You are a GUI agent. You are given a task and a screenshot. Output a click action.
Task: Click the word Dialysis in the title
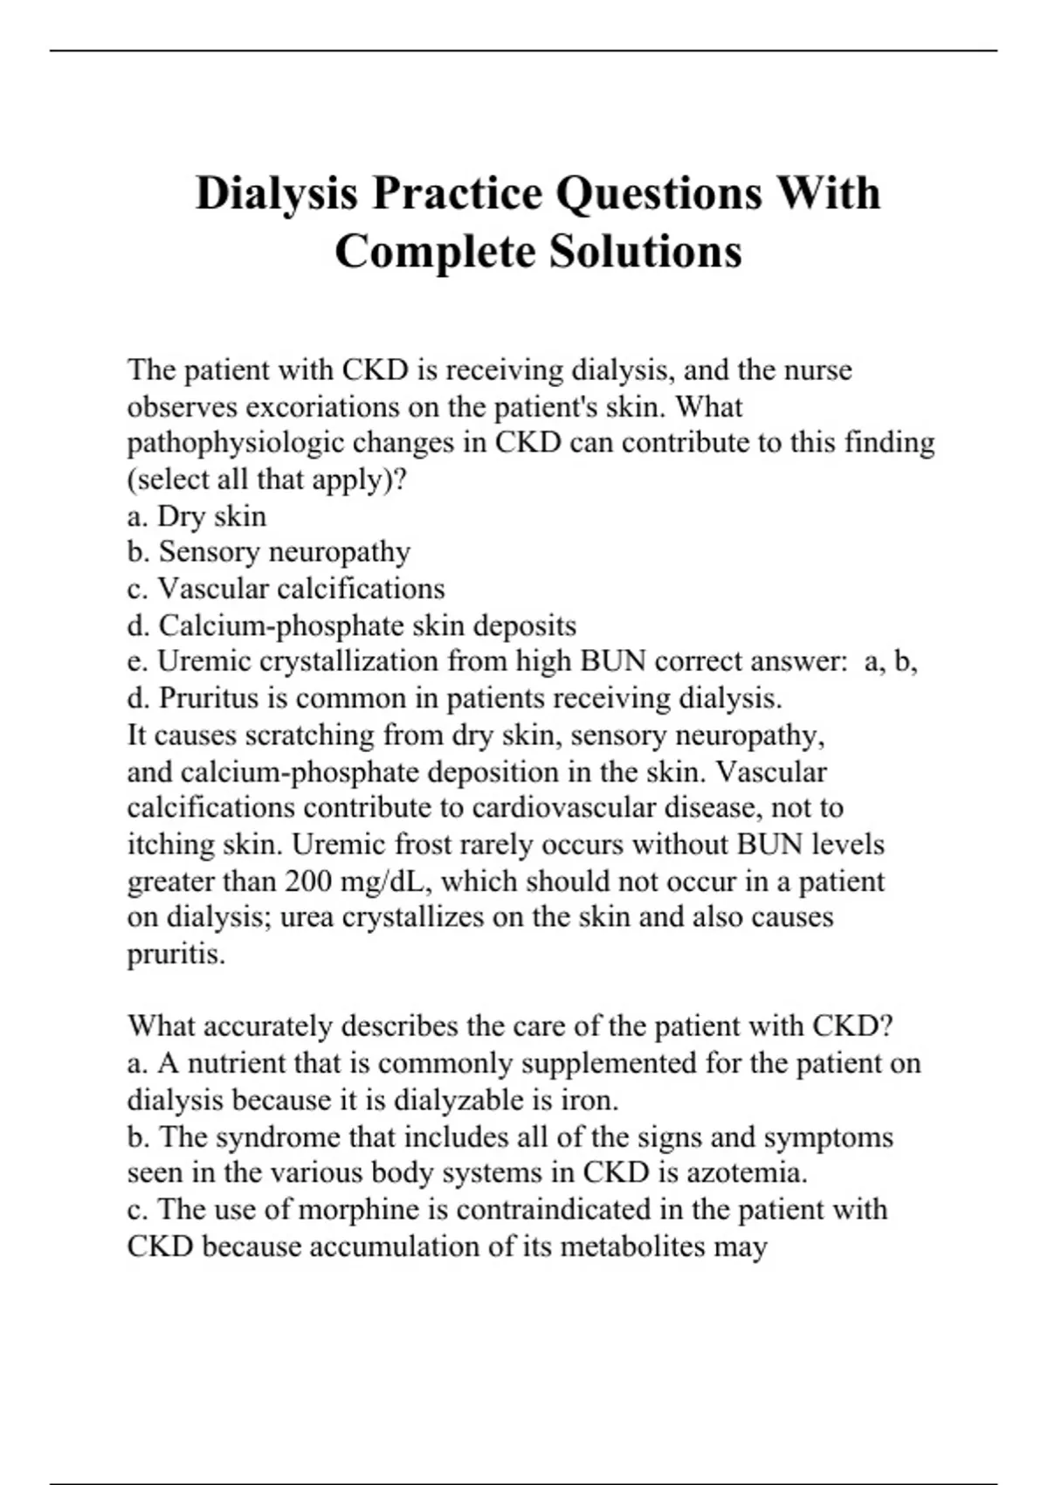tap(276, 193)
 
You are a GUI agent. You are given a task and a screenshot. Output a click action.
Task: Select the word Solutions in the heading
tap(645, 252)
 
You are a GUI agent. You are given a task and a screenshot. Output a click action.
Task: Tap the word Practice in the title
tap(459, 193)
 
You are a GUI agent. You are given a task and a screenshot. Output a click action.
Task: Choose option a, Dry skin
tap(196, 516)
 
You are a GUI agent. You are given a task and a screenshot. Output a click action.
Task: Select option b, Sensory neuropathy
tap(268, 552)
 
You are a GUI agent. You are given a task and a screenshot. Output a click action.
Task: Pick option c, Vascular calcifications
tap(286, 589)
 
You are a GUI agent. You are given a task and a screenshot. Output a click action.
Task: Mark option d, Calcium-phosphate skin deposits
tap(351, 625)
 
